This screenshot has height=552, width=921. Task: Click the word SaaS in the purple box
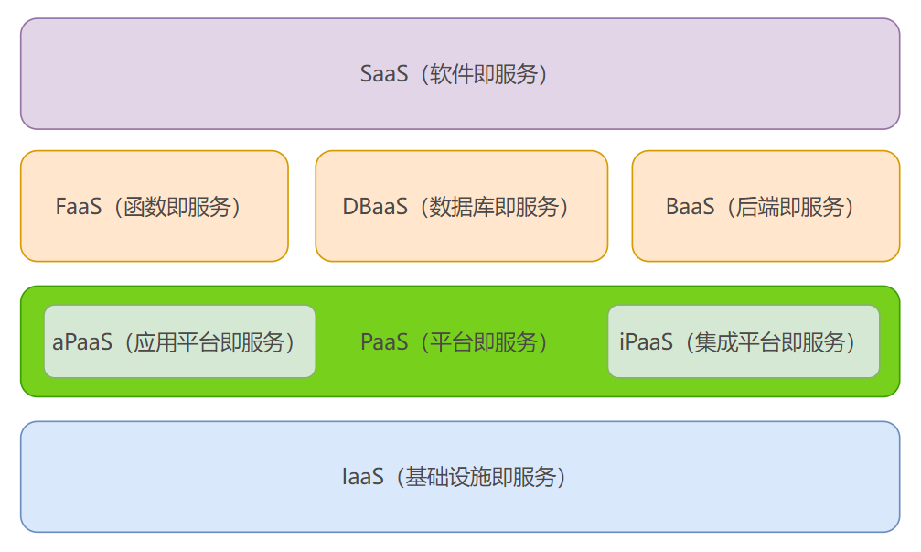tap(383, 74)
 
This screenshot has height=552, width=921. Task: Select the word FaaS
tap(78, 207)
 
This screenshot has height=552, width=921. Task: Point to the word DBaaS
tap(375, 207)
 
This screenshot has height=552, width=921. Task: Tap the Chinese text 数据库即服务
tap(495, 207)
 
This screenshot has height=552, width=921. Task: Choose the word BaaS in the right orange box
tap(690, 207)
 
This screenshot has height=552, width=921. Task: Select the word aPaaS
tap(82, 342)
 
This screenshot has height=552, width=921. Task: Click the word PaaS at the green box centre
tap(384, 342)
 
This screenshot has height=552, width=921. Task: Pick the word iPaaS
tap(646, 342)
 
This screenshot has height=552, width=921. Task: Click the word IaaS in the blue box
tap(362, 477)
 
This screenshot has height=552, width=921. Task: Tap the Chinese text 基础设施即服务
tap(481, 477)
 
